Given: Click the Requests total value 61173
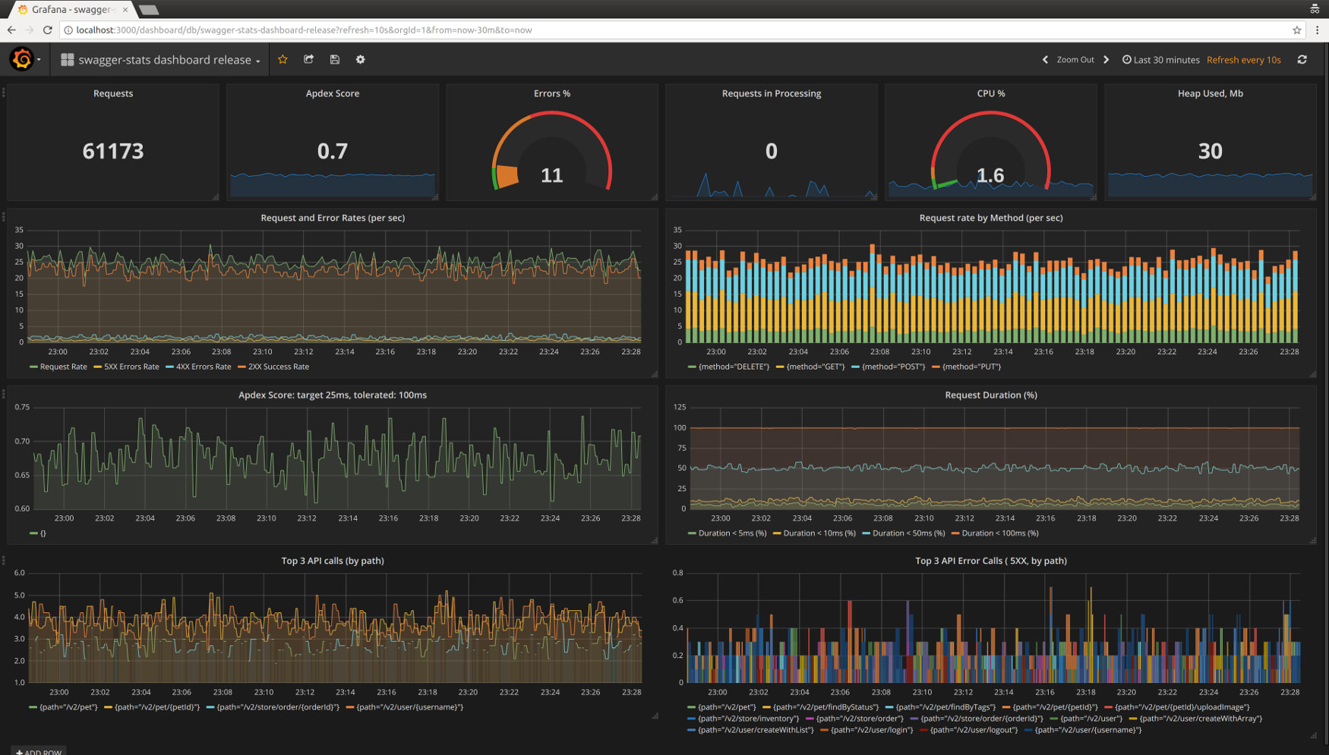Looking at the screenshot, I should (112, 151).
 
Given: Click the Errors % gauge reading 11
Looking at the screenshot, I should (551, 175).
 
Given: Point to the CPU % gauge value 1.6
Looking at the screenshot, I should (990, 175).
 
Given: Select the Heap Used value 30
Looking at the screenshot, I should (1210, 151).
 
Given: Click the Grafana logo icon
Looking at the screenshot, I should (22, 59).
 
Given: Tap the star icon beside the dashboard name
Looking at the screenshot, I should (283, 59).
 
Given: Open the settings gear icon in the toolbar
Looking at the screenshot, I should (361, 59).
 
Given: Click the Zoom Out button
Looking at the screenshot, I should (1075, 59).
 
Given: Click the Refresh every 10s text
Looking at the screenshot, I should (1243, 59).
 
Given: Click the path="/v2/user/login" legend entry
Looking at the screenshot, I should (871, 730).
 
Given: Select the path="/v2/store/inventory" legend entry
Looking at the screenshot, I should (747, 719).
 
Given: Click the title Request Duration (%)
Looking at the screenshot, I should (990, 395).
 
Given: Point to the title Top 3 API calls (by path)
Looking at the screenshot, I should (333, 561).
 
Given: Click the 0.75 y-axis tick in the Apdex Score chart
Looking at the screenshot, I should (22, 407).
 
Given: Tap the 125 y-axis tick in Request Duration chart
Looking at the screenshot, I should (679, 407).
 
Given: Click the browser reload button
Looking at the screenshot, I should (47, 30).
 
